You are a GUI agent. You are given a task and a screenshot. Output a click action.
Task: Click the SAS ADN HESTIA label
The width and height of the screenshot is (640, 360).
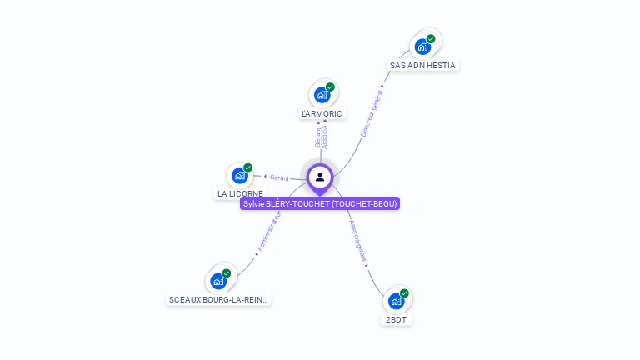coord(424,65)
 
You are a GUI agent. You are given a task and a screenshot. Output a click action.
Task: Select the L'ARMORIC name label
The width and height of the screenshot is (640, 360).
coord(322,113)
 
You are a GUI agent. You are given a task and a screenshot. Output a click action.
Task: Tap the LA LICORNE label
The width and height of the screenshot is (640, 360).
coord(240,193)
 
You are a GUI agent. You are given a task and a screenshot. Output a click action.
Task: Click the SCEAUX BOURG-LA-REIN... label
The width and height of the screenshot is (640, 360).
coord(219,299)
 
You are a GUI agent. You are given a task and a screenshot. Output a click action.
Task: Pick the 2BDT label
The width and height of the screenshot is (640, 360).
coord(397,319)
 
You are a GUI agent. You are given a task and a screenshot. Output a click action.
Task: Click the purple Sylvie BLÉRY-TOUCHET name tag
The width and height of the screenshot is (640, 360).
coord(320,203)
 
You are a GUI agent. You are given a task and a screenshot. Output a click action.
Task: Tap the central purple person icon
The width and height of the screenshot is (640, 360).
coord(320,177)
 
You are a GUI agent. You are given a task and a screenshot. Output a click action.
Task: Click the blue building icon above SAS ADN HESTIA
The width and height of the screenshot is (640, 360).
coord(422,47)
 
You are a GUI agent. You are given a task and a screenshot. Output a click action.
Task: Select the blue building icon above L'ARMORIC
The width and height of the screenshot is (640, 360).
coord(322,95)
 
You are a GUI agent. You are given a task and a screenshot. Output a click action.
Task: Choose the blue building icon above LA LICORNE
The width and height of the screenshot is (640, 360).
coord(239,175)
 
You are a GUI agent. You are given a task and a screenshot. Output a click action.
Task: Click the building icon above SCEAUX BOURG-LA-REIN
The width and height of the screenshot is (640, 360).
coord(218,281)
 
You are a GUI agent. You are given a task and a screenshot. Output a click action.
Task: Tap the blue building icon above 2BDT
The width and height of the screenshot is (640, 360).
coord(396,301)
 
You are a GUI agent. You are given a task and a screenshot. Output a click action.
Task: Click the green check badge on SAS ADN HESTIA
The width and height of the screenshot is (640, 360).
coord(431,39)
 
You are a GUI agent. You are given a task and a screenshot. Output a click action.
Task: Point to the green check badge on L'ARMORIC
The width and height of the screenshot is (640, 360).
coord(330,87)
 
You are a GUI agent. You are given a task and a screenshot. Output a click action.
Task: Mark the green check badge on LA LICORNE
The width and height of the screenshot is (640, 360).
coord(247,167)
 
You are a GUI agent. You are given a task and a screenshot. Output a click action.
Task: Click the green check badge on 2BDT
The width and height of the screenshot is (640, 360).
coord(404,293)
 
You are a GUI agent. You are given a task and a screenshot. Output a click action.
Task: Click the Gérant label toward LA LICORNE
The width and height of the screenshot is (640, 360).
coord(279,177)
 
